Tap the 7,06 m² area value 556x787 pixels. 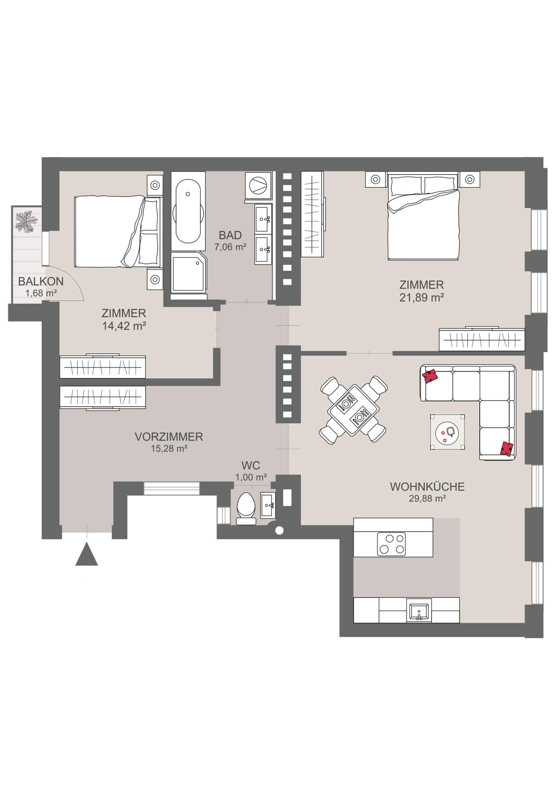[x=230, y=247]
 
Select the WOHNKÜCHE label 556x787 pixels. [x=427, y=487]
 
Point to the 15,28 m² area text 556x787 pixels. [x=169, y=448]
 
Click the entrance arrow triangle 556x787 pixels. [x=87, y=554]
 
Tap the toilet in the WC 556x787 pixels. [x=246, y=509]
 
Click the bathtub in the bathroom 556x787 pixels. [x=188, y=212]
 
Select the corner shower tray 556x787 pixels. [x=188, y=272]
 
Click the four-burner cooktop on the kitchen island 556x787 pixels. [x=391, y=544]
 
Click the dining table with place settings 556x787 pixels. [x=353, y=410]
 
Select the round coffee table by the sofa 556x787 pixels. [x=448, y=432]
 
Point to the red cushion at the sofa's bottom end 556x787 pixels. [x=507, y=449]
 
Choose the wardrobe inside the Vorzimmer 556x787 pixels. [x=102, y=397]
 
